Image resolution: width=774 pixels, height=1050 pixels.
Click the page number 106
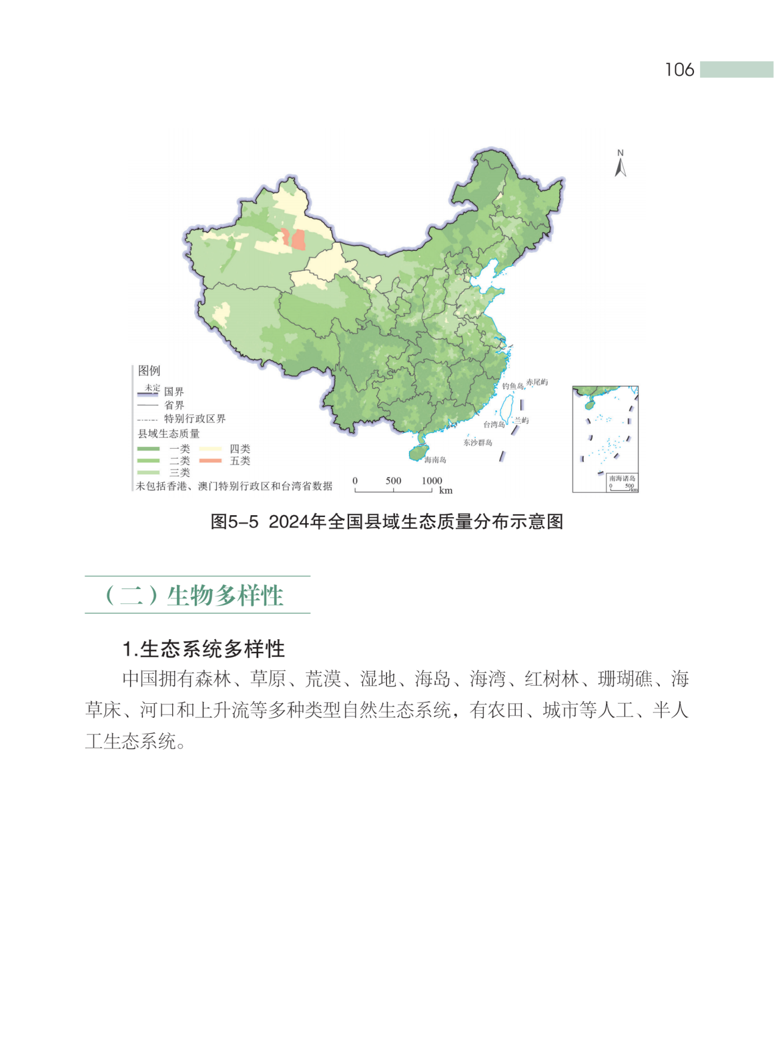tap(679, 70)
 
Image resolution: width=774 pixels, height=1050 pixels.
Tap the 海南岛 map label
tap(435, 460)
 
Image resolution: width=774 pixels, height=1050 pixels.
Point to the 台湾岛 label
tap(494, 424)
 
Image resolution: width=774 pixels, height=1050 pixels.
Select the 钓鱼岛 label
tap(513, 386)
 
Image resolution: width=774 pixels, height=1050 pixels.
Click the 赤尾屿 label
tap(537, 382)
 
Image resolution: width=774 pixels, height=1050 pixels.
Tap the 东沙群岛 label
tap(477, 443)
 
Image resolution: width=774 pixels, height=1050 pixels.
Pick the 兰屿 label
tap(521, 421)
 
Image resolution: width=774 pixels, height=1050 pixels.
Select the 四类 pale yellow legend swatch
tap(210, 449)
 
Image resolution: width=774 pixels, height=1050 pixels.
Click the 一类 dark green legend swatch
tap(148, 449)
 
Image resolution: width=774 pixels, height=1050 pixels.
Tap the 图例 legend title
tap(149, 371)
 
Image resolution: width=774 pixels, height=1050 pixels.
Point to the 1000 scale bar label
tap(432, 480)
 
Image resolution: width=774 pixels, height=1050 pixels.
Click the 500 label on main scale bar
tap(393, 480)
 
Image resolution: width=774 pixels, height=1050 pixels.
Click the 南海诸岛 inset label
tap(622, 479)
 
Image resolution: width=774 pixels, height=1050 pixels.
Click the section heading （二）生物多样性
tap(195, 595)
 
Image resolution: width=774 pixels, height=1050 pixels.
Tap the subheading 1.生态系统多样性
tap(204, 649)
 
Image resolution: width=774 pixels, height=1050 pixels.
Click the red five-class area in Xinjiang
tap(298, 239)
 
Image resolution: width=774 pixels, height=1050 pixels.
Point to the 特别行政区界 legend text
tap(195, 419)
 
